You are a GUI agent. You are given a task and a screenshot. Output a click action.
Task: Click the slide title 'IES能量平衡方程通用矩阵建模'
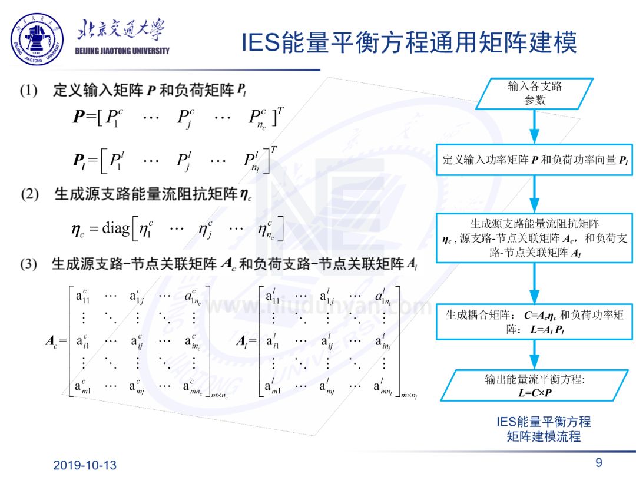click(409, 42)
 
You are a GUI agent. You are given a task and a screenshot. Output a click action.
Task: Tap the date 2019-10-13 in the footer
click(85, 465)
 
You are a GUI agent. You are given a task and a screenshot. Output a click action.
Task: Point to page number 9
click(599, 462)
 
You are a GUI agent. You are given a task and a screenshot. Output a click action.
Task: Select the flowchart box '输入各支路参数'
click(535, 93)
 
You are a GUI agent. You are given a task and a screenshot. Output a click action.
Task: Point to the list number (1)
click(29, 91)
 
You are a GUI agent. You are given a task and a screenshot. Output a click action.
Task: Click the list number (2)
click(29, 194)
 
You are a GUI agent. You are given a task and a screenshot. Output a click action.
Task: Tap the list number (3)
click(29, 264)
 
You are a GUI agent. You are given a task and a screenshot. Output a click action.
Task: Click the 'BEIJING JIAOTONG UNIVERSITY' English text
click(122, 51)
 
